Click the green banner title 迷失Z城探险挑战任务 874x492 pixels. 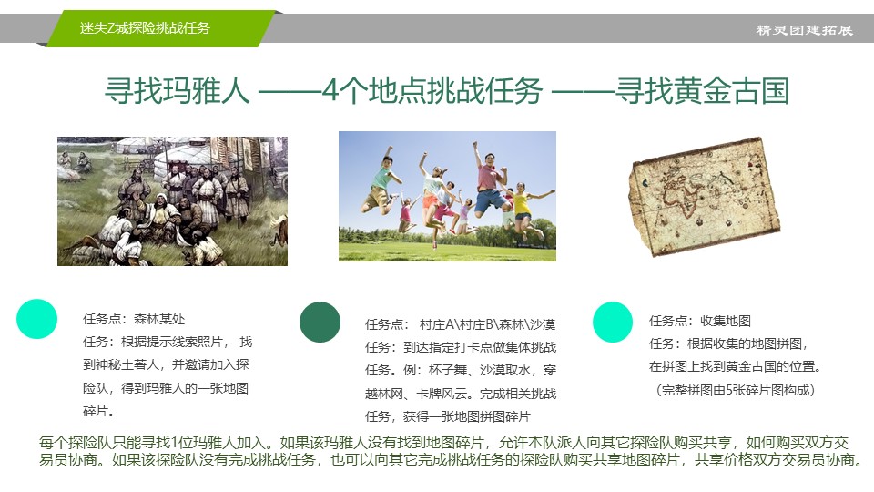145,28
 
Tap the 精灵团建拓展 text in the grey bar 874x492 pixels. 804,30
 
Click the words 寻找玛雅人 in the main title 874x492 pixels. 177,90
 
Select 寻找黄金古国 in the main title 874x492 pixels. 702,90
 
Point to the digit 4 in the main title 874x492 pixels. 330,90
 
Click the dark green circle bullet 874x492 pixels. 320,322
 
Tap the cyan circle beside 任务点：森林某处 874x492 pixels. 36,319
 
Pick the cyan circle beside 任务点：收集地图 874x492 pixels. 613,322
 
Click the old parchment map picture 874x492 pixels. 704,197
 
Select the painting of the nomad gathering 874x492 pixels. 172,200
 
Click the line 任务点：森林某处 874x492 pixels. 134,319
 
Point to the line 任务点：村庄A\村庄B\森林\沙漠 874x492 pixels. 461,324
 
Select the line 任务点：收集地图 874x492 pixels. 699,322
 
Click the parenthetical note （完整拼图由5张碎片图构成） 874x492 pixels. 736,390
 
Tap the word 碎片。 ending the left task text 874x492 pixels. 98,411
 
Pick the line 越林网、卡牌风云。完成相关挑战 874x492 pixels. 461,394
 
